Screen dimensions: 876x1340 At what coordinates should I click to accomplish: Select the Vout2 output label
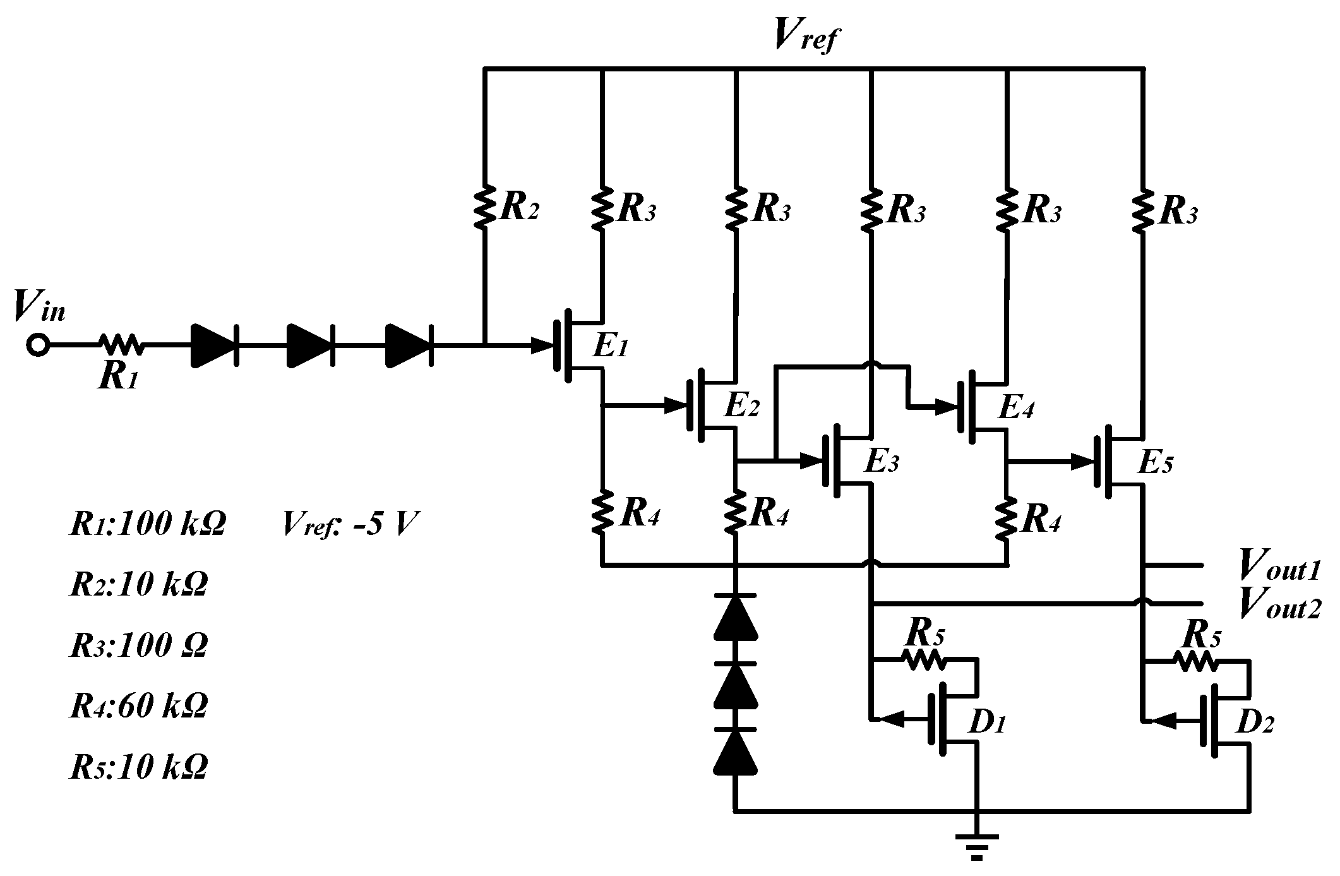[1279, 604]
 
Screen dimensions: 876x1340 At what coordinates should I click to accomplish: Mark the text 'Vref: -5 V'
[350, 524]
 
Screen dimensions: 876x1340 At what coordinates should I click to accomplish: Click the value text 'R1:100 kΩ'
[147, 524]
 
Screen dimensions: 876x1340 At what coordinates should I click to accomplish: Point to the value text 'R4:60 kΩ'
[138, 705]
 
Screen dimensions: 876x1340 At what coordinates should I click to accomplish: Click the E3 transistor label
[881, 464]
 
